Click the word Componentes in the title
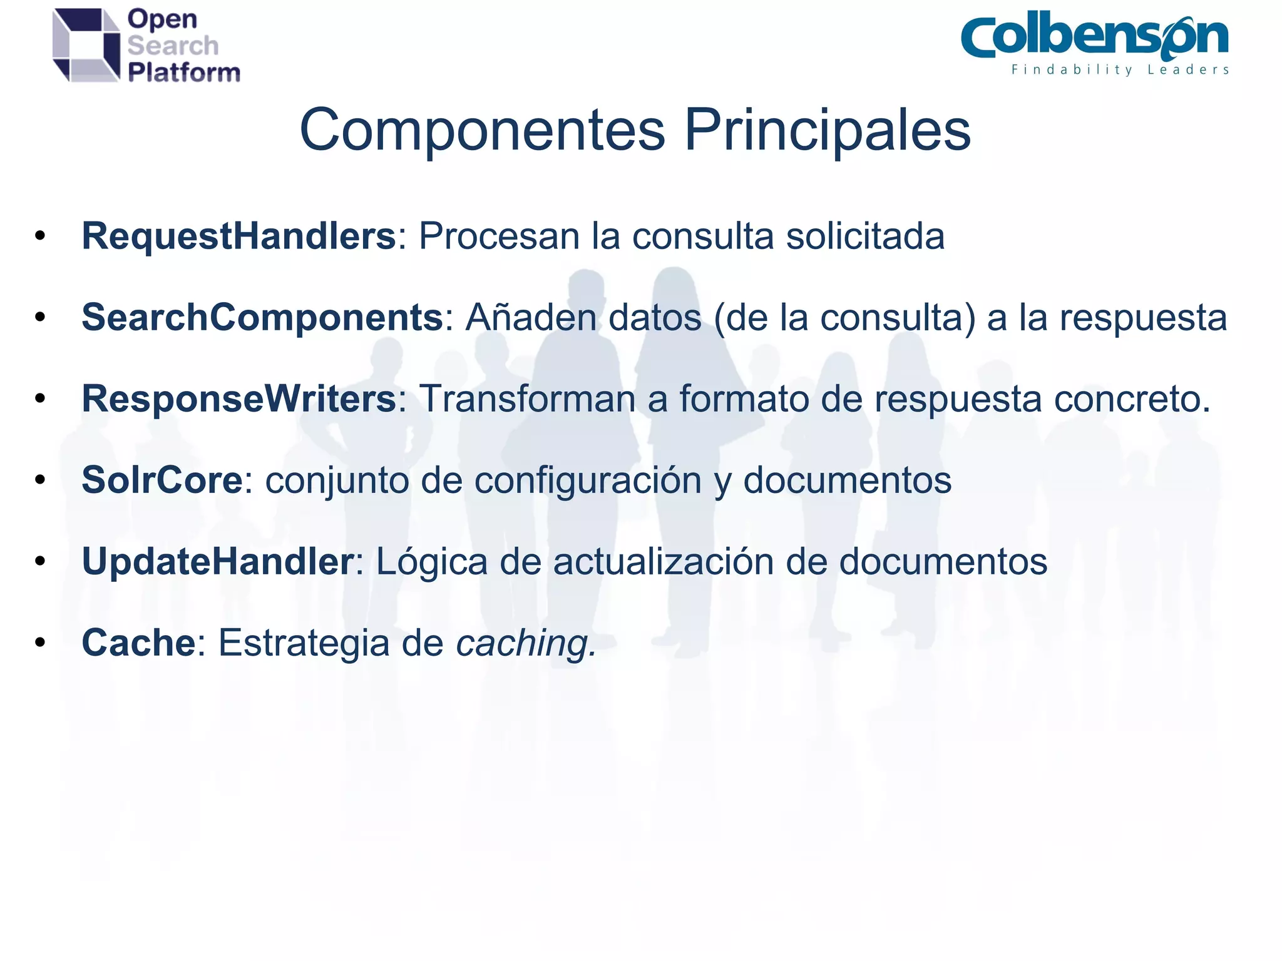coord(482,130)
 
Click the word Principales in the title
coord(827,130)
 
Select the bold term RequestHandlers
coord(238,236)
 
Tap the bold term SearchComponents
coord(262,317)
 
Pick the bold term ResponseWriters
coord(238,399)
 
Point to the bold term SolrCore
coord(162,480)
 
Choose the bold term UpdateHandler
coord(218,561)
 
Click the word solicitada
coord(865,236)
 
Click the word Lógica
coord(431,561)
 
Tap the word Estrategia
coord(304,643)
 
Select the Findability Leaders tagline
coord(1120,69)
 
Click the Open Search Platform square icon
coord(86,45)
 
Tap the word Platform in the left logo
coord(184,73)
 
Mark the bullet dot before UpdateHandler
coord(41,561)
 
